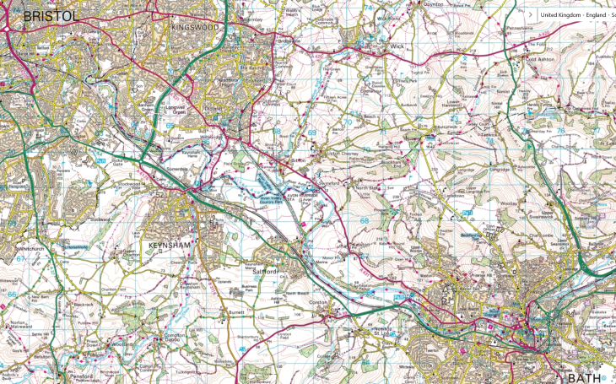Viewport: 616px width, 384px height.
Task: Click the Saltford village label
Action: coord(266,272)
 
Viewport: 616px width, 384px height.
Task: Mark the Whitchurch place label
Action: coord(29,250)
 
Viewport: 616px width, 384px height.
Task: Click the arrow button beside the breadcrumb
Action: coord(528,14)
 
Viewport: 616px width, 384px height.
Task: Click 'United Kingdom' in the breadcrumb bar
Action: coord(558,14)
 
